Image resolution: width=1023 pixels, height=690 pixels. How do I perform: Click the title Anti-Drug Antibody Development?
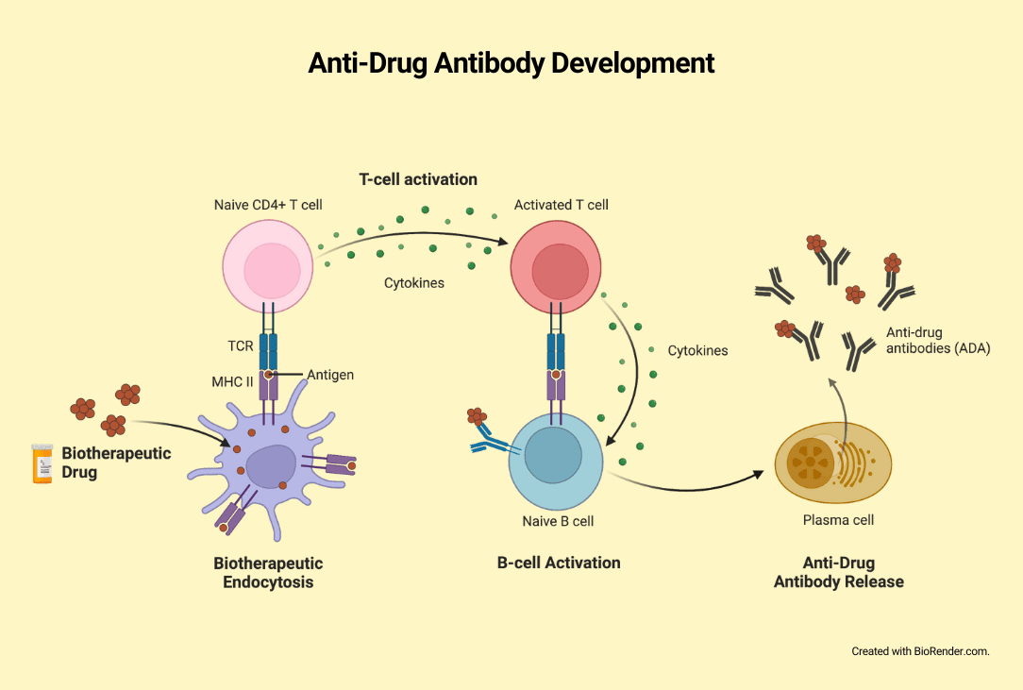tap(511, 64)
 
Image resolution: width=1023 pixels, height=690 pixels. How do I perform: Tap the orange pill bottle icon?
tap(42, 463)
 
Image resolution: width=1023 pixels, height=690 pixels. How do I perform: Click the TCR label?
tap(241, 346)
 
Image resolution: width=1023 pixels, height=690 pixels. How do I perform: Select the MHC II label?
tap(232, 381)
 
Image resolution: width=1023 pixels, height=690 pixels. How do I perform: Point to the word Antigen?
tap(330, 375)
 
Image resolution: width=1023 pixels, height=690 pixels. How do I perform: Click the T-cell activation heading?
tap(418, 179)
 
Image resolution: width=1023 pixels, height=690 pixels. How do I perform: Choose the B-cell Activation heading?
tap(559, 563)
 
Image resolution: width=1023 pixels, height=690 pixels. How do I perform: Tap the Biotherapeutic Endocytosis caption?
tap(268, 573)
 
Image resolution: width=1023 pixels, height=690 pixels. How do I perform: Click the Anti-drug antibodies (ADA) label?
tap(938, 341)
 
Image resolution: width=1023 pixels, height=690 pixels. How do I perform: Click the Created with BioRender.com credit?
tap(920, 651)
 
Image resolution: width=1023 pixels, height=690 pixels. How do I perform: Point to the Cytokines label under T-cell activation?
tap(414, 282)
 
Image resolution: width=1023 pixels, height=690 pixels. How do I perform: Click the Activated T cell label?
tap(562, 205)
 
